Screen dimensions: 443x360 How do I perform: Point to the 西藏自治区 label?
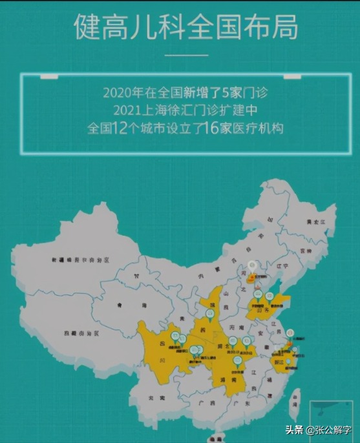coord(80,334)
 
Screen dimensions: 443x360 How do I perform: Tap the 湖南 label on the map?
coord(221,380)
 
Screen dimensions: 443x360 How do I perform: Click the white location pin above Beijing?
coord(252,266)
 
